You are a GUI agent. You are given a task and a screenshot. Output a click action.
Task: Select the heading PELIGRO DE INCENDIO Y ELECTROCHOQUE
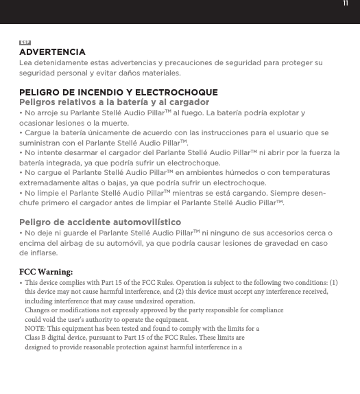(119, 92)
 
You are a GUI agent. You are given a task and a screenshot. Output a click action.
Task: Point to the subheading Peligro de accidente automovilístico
(100, 223)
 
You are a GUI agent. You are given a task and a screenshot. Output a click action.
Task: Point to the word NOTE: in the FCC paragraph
(36, 329)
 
